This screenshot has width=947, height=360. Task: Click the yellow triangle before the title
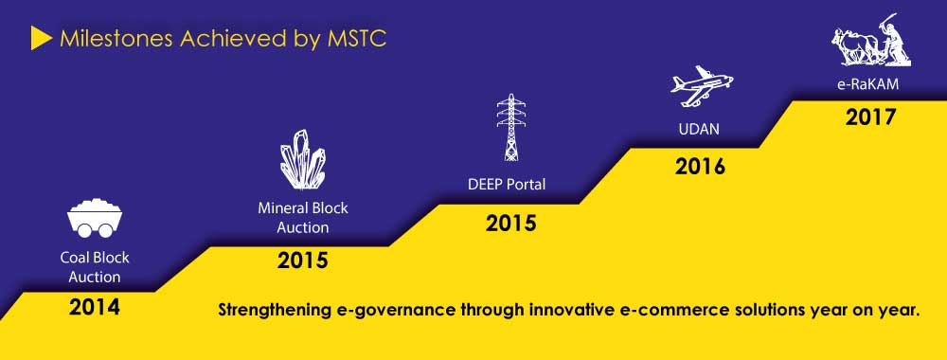[x=41, y=39]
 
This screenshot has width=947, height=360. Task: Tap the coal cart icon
[x=95, y=219]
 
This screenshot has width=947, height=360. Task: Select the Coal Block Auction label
[x=95, y=267]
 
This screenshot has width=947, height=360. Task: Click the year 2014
[x=94, y=308]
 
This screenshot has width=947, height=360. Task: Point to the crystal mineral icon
[x=303, y=159]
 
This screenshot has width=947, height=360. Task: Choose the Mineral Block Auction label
[x=303, y=218]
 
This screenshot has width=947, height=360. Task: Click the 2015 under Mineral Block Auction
[x=303, y=261]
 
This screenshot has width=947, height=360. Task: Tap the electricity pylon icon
[x=511, y=128]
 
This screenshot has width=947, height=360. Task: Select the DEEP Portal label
[x=507, y=184]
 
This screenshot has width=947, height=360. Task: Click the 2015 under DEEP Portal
[x=511, y=224]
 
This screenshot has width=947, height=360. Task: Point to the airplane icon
[x=702, y=86]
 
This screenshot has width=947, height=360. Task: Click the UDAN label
[x=700, y=129]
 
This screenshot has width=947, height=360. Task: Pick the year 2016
[x=700, y=167]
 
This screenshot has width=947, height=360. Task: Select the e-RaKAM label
[x=867, y=84]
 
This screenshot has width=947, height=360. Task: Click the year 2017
[x=870, y=117]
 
